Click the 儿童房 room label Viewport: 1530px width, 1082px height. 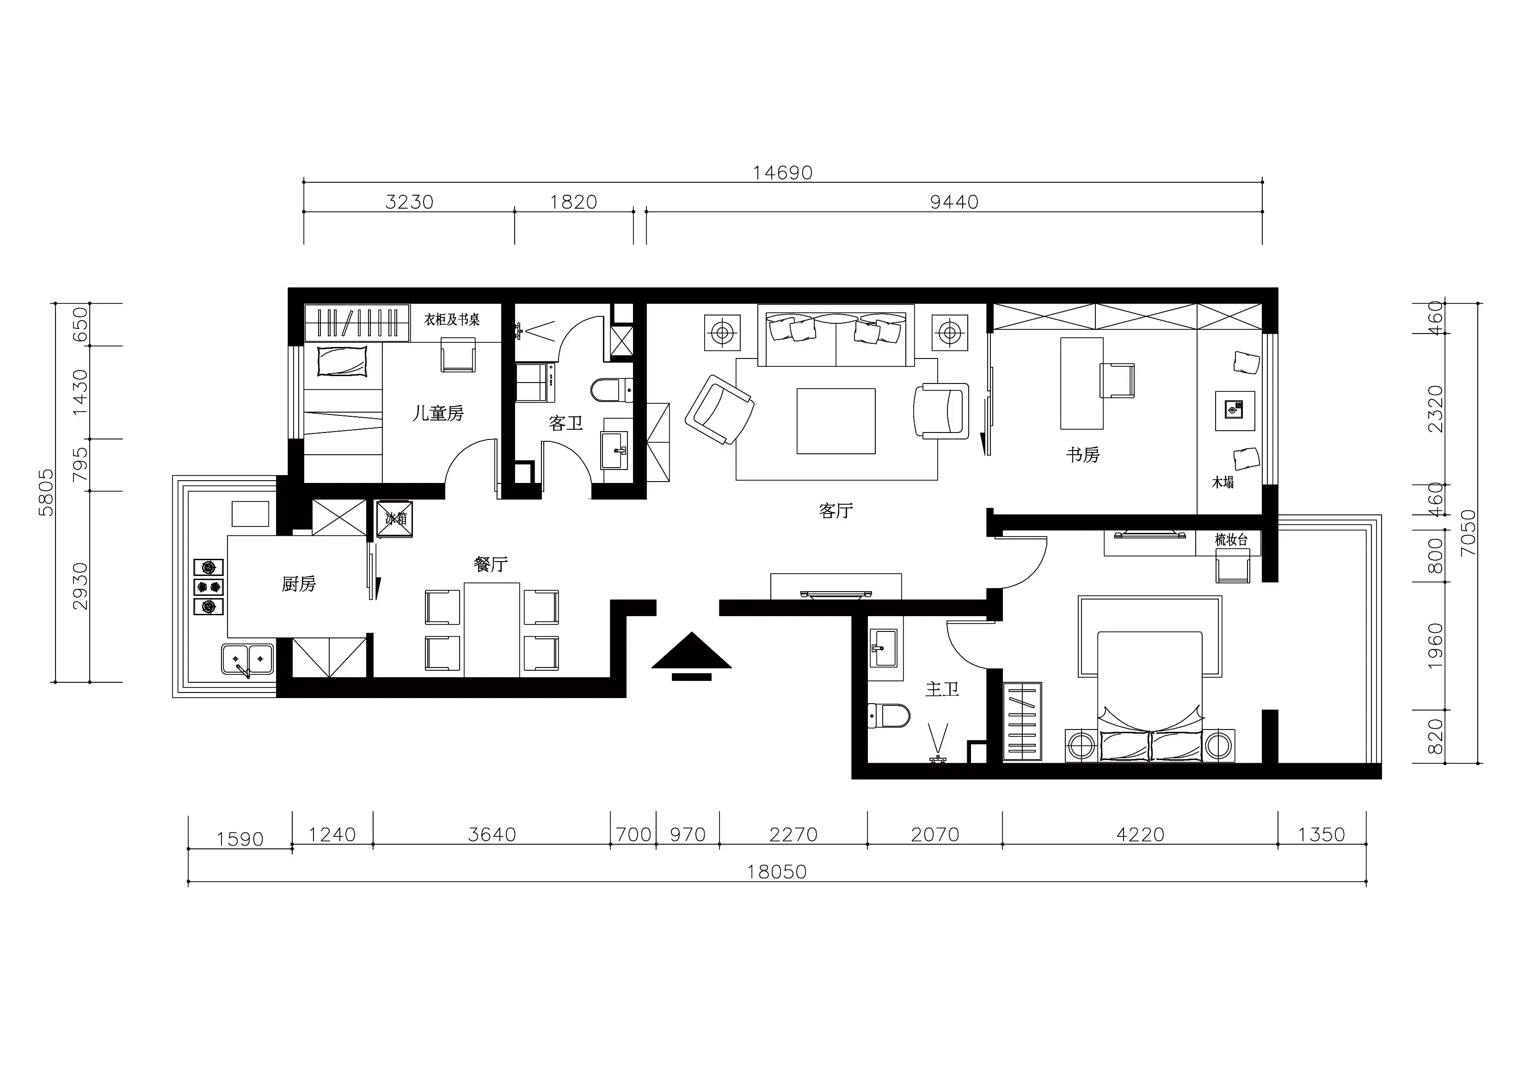pyautogui.click(x=438, y=414)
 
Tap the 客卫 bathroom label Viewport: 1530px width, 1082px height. pyautogui.click(x=566, y=423)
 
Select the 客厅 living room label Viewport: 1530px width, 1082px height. pyautogui.click(x=836, y=511)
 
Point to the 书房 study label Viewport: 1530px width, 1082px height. pyautogui.click(x=1082, y=455)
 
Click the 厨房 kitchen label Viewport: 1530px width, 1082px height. pyautogui.click(x=299, y=584)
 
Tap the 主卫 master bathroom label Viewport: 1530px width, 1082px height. pyautogui.click(x=941, y=689)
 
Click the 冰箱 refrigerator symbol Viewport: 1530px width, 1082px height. pyautogui.click(x=395, y=519)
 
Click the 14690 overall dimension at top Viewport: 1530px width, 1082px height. pyautogui.click(x=782, y=173)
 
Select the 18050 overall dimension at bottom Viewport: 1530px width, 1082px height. pyautogui.click(x=776, y=872)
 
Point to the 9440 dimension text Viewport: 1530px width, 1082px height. pyautogui.click(x=954, y=202)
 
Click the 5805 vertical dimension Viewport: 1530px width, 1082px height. pyautogui.click(x=46, y=492)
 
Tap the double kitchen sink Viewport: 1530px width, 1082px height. pyautogui.click(x=247, y=659)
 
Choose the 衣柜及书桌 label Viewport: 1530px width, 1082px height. pyautogui.click(x=452, y=320)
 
